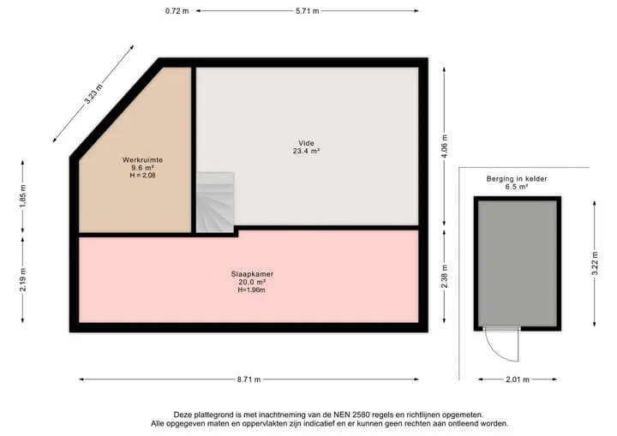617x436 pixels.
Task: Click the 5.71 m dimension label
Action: (x=308, y=11)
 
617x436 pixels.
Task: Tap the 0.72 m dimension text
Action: (x=177, y=11)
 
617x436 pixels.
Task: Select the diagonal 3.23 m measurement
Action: (x=93, y=94)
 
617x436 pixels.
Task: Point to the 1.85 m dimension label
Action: (x=23, y=196)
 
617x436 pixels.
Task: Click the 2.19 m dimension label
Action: (x=23, y=279)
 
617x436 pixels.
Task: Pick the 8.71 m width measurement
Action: (x=249, y=379)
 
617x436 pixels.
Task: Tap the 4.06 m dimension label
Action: (x=445, y=146)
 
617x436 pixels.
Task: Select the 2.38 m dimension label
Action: (x=445, y=277)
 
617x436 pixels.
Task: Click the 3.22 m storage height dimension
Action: (x=595, y=264)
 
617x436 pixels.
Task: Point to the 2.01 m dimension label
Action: (x=518, y=379)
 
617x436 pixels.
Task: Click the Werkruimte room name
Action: (x=142, y=160)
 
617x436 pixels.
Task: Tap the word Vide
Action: (x=306, y=143)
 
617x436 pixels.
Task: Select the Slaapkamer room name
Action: (x=252, y=274)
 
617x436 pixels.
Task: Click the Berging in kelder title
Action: (x=517, y=179)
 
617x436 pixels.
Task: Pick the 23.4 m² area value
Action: (x=306, y=151)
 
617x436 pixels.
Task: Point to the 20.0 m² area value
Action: (x=252, y=282)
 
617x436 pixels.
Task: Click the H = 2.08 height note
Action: (x=142, y=176)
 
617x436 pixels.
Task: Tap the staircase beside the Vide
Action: (x=215, y=202)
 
